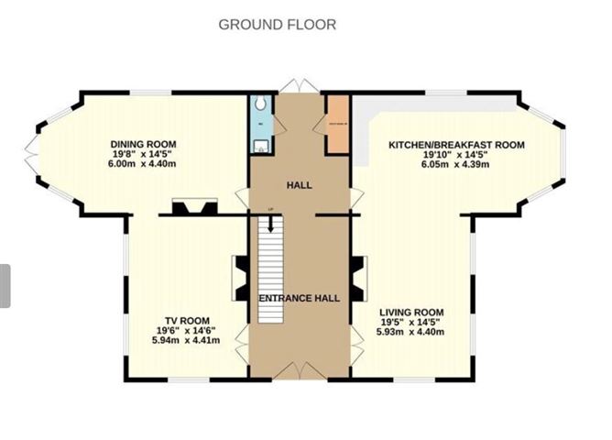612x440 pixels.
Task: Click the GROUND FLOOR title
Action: (x=277, y=25)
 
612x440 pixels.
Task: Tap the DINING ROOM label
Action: (x=143, y=144)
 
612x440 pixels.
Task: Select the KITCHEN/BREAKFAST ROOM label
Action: (x=455, y=145)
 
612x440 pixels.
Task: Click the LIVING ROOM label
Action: (x=411, y=312)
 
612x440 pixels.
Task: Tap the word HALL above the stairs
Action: (x=300, y=185)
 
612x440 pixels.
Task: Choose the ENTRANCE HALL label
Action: (x=300, y=298)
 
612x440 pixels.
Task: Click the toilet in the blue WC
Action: (x=260, y=104)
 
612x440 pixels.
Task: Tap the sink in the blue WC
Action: (x=261, y=144)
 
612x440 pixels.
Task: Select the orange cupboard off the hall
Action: (x=338, y=125)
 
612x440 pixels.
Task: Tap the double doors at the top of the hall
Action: (x=299, y=86)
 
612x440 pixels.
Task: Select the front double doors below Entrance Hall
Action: (x=299, y=370)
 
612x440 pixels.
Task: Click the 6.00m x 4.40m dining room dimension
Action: (x=143, y=165)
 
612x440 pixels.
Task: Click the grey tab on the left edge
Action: (x=5, y=286)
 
